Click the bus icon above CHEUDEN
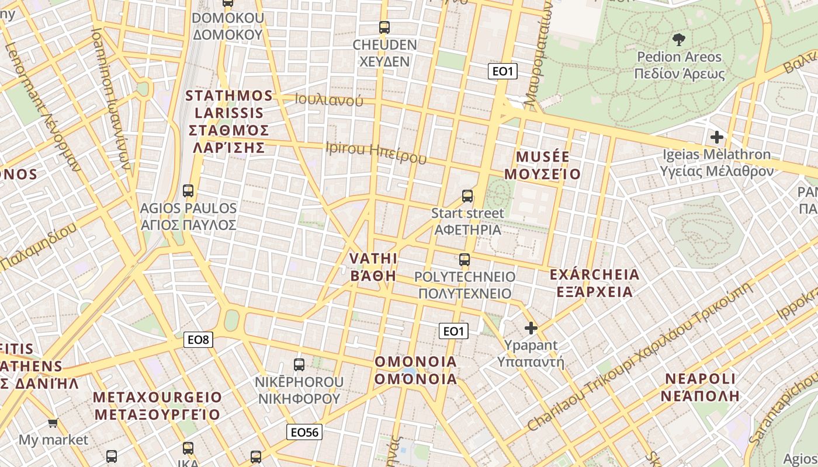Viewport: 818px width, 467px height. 384,27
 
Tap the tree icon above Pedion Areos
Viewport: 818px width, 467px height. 678,40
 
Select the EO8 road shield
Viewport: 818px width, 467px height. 199,339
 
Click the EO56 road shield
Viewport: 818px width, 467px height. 304,432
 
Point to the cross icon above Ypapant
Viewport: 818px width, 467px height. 531,328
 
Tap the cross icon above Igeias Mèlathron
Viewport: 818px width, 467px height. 716,138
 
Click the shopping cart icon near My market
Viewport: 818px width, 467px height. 53,423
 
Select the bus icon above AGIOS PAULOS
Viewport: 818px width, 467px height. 188,191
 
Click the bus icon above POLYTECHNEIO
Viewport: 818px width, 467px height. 465,259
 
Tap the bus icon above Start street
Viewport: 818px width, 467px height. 467,196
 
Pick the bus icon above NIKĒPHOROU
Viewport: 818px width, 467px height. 299,365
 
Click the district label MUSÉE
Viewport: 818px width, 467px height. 543,156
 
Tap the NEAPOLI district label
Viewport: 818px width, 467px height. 700,378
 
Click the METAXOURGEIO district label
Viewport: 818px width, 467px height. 157,398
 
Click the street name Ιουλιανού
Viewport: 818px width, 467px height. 329,100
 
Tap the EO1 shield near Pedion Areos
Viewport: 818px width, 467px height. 502,71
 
